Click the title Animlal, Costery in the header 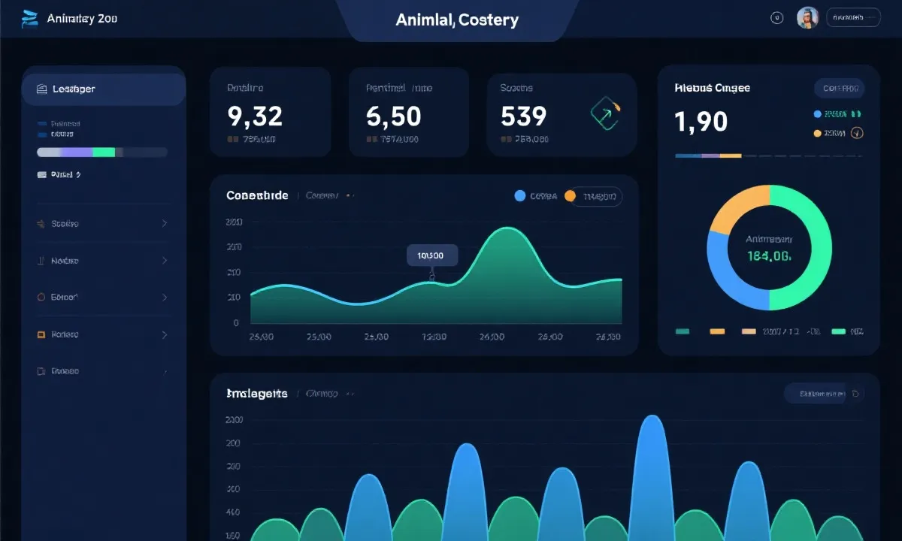pyautogui.click(x=457, y=20)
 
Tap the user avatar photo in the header pyautogui.click(x=807, y=18)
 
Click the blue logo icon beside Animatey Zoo pyautogui.click(x=30, y=19)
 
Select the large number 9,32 pyautogui.click(x=255, y=116)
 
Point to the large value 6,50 pyautogui.click(x=393, y=116)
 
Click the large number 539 pyautogui.click(x=523, y=116)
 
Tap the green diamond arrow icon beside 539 pyautogui.click(x=604, y=113)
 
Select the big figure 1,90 pyautogui.click(x=701, y=121)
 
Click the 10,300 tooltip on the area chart pyautogui.click(x=431, y=255)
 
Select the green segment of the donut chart pyautogui.click(x=808, y=248)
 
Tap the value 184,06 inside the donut pyautogui.click(x=768, y=256)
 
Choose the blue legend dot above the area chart pyautogui.click(x=519, y=196)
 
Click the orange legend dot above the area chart pyautogui.click(x=570, y=196)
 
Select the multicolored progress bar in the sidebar pyautogui.click(x=101, y=152)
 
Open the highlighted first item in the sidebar pyautogui.click(x=103, y=89)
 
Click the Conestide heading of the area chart pyautogui.click(x=257, y=195)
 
